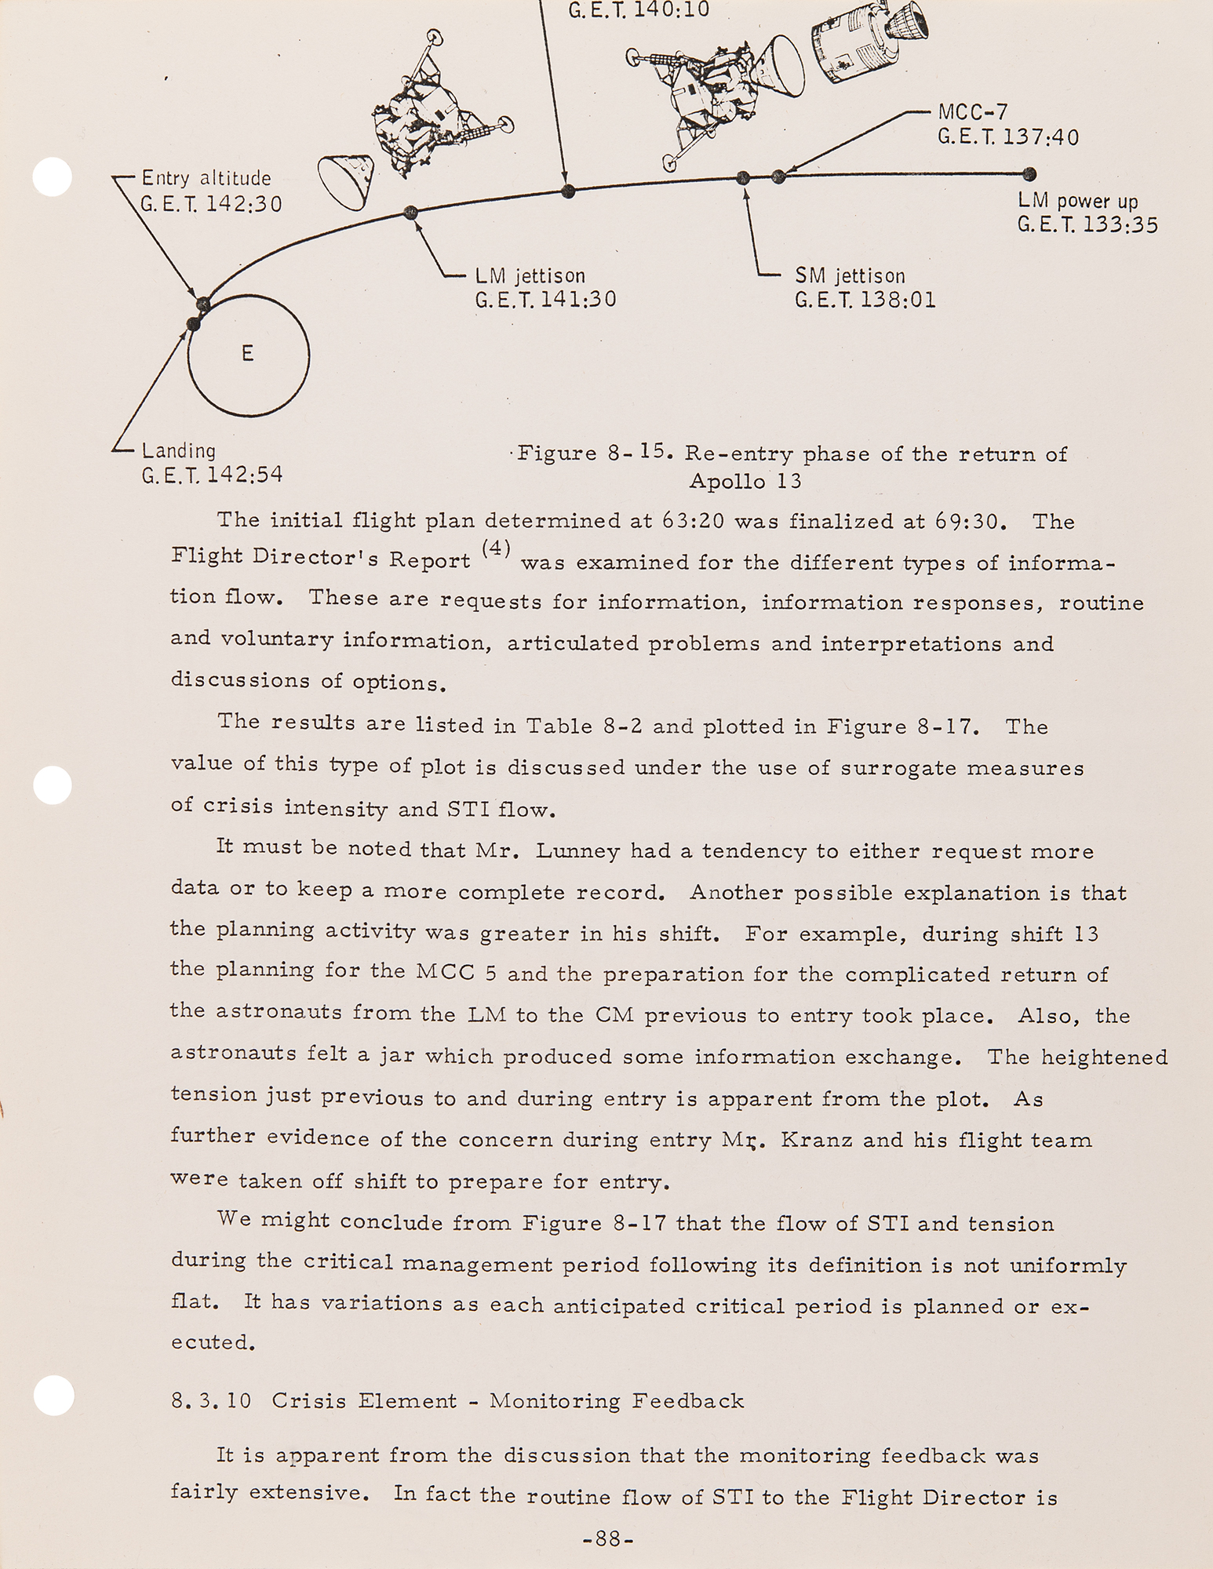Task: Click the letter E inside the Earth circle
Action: (247, 354)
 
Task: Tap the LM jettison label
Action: (530, 277)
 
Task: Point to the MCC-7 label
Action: (972, 114)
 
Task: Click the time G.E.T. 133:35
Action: (1087, 225)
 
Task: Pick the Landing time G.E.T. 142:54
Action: (212, 475)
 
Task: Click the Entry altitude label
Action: (206, 179)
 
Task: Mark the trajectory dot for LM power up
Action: (1029, 174)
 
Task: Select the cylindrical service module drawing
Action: (847, 51)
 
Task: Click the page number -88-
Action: (607, 1539)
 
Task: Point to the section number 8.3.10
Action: (211, 1401)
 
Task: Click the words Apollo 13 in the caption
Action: (745, 481)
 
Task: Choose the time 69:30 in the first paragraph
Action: (971, 522)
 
